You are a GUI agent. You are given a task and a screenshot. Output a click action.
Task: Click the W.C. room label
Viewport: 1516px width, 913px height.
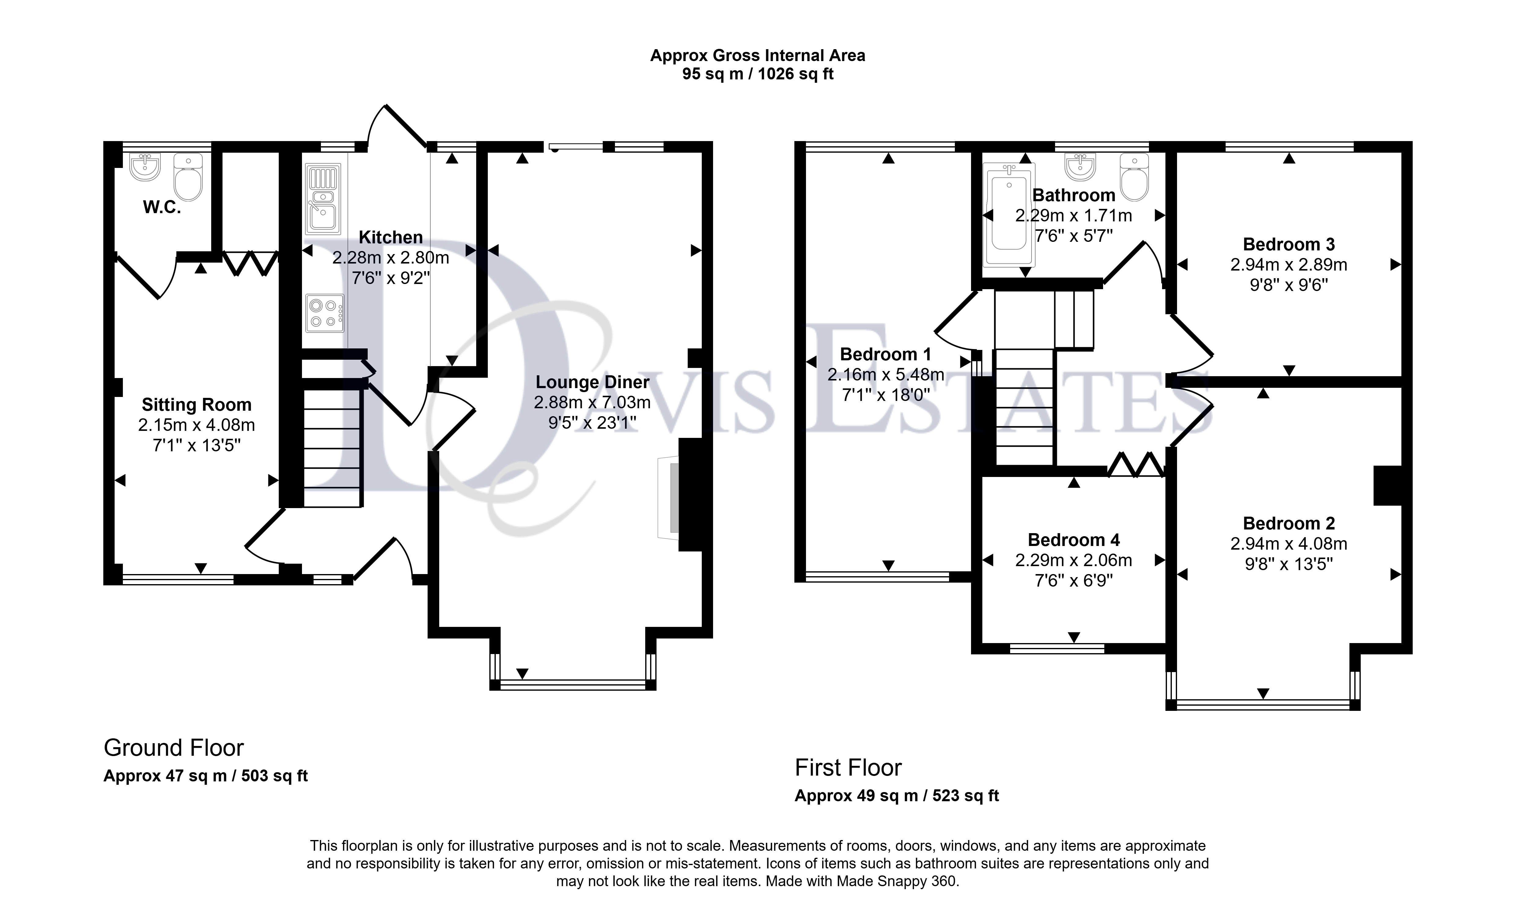click(162, 208)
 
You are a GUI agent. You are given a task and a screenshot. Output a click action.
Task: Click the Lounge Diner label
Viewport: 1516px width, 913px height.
click(593, 382)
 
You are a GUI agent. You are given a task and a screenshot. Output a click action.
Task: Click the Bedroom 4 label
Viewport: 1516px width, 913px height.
click(1074, 540)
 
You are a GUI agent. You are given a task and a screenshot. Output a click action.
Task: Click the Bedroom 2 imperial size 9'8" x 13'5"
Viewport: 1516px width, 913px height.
click(1289, 564)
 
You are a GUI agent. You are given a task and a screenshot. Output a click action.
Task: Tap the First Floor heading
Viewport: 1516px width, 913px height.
click(848, 768)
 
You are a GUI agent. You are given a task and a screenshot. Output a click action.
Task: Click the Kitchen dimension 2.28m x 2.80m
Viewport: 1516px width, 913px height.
click(391, 258)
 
